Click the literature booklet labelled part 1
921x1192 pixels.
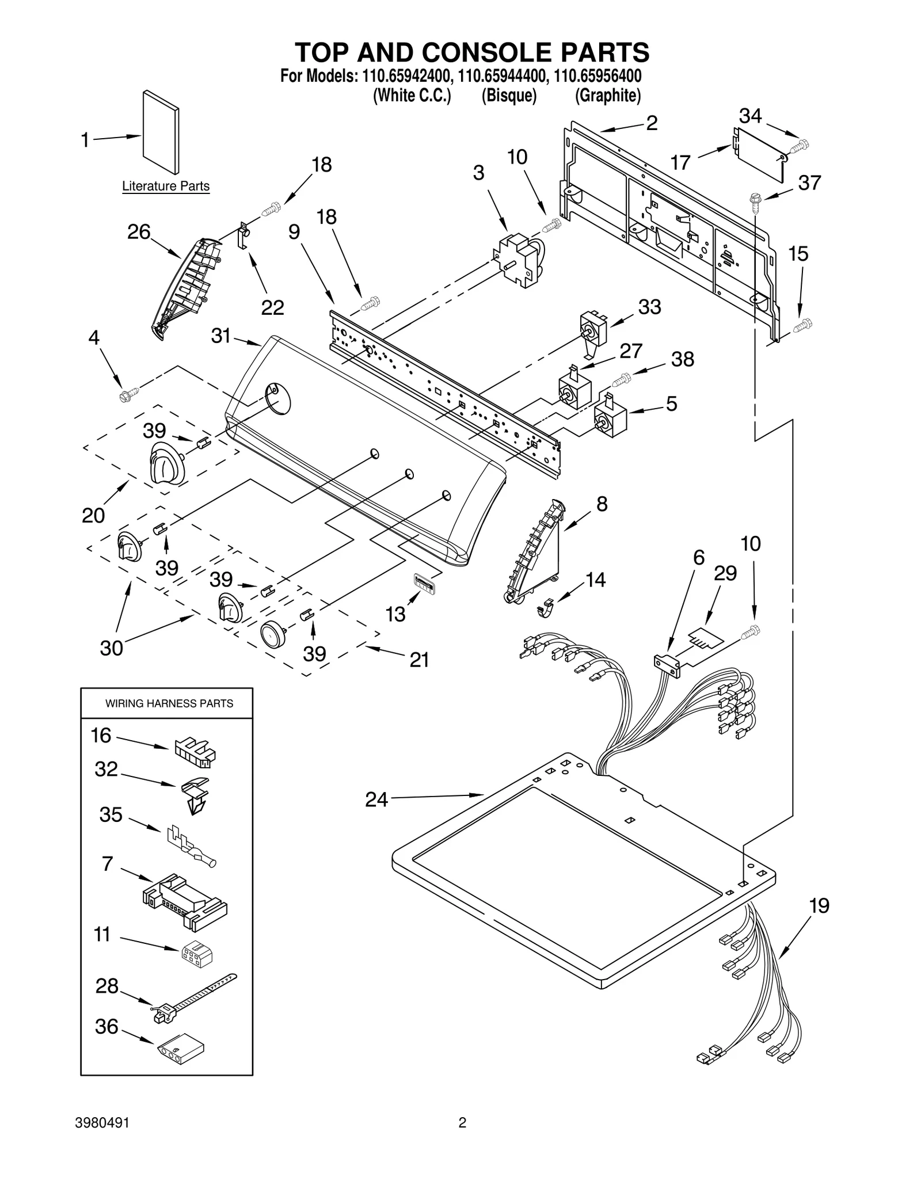point(161,132)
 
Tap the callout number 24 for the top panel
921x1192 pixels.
point(376,799)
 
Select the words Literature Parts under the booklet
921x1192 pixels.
point(166,186)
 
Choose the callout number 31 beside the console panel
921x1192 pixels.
point(220,336)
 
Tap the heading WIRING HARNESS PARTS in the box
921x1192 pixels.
point(169,703)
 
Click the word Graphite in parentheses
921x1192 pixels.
point(608,96)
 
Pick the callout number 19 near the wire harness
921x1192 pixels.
point(819,905)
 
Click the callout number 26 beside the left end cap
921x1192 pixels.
point(139,233)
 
